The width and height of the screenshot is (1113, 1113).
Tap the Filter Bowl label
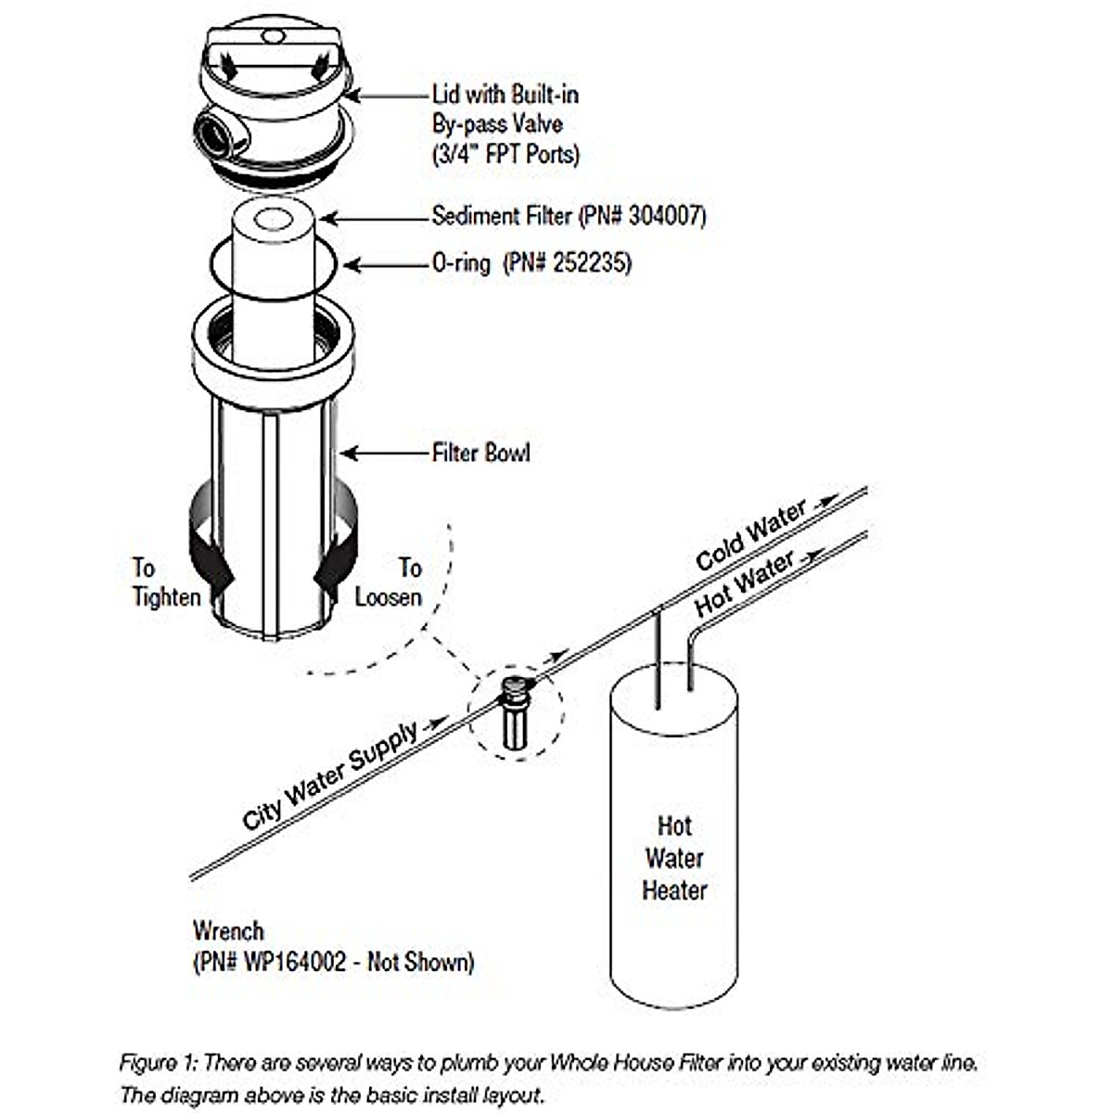click(x=480, y=453)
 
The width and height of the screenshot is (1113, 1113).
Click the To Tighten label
click(x=165, y=582)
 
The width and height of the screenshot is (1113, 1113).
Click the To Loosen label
click(x=389, y=582)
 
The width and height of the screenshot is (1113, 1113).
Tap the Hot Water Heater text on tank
click(x=674, y=858)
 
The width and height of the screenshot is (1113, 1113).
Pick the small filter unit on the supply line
click(x=514, y=712)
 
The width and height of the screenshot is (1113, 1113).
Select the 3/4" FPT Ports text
click(x=505, y=153)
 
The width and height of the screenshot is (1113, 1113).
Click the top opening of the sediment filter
click(x=273, y=220)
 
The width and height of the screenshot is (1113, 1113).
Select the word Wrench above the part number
click(x=228, y=930)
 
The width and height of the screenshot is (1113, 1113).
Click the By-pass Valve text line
click(x=497, y=123)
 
